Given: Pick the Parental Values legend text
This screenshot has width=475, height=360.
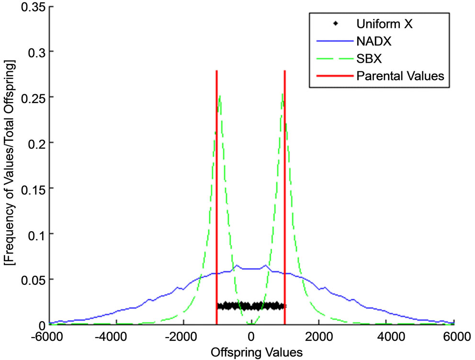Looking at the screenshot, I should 400,75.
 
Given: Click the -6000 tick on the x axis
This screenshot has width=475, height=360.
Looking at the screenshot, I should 47,336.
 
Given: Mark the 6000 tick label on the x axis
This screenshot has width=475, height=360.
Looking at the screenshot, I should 454,336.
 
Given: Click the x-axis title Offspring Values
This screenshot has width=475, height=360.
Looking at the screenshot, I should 251,352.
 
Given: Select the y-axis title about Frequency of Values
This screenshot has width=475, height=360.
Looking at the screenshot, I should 11,165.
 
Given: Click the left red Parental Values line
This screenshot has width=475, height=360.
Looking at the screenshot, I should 217,191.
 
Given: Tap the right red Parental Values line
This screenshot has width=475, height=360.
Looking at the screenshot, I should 285,191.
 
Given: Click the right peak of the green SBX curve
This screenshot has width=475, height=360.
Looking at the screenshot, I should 283,94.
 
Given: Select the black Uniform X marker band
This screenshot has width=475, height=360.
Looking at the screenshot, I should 251,306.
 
